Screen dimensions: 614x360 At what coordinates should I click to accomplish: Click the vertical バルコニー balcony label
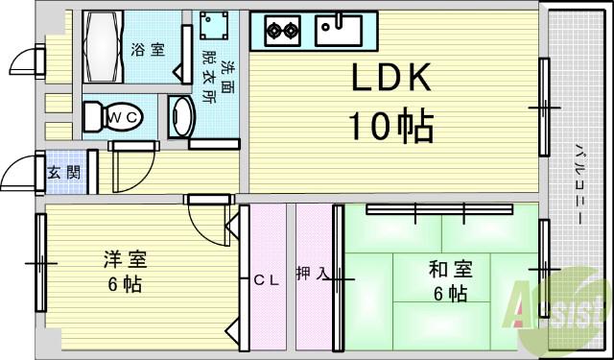tap(580, 182)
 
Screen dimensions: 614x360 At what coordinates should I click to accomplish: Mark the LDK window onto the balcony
tap(544, 107)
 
